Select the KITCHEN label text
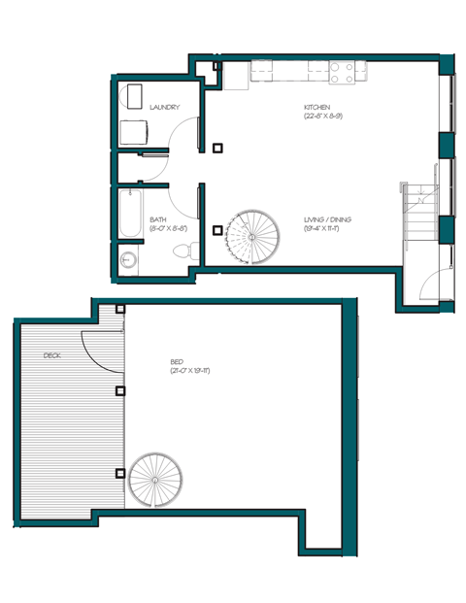(x=317, y=106)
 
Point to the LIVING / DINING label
(x=327, y=220)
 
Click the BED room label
(x=177, y=360)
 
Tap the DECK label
(x=51, y=356)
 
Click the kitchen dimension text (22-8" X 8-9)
(x=323, y=116)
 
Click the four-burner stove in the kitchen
(x=342, y=70)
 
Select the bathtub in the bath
(x=128, y=218)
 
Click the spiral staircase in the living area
(x=252, y=236)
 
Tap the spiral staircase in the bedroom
(x=155, y=480)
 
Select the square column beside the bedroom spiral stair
(x=120, y=474)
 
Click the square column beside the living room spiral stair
(x=217, y=231)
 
